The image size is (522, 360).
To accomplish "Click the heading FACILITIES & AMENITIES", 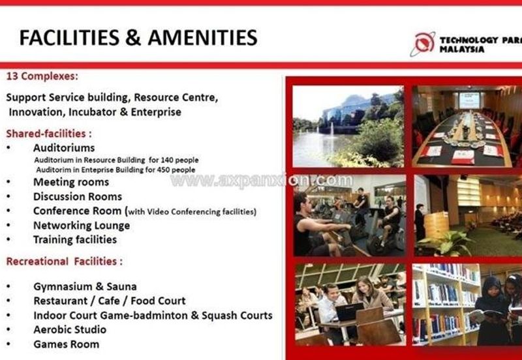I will [x=138, y=37].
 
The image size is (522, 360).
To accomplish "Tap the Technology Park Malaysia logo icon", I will [x=422, y=44].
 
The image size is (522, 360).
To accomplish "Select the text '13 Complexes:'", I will [x=42, y=76].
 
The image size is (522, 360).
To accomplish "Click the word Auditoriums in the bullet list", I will [x=64, y=148].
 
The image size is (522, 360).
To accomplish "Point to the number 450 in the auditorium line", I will [x=162, y=170].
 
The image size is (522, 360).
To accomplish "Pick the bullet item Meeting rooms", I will [x=71, y=182].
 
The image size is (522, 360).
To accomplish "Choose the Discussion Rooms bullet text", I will [x=78, y=196].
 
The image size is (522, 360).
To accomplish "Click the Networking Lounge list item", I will [x=82, y=226].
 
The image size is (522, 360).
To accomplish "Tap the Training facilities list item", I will [x=75, y=239].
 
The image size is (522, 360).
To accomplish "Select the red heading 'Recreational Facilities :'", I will [x=64, y=262].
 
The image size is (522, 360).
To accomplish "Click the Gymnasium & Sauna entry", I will [x=85, y=286].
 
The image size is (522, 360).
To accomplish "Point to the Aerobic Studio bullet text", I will [x=70, y=329].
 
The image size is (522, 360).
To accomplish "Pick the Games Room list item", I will [x=67, y=344].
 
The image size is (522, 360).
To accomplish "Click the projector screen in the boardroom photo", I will [x=469, y=100].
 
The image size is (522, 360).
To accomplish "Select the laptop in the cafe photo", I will [x=349, y=311].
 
